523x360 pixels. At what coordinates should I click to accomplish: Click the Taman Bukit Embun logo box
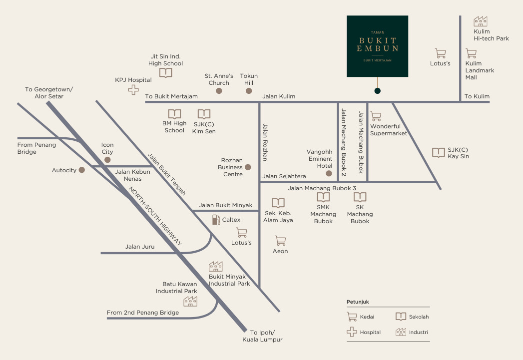[377, 46]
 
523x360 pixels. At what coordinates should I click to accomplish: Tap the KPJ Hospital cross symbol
[133, 90]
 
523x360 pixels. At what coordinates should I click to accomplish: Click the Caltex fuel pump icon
[216, 219]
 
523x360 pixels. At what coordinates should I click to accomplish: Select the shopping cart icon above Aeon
[281, 241]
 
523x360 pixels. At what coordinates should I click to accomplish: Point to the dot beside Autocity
[82, 170]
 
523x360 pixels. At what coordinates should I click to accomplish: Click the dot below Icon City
[107, 160]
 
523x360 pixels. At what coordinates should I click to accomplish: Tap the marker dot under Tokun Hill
[249, 91]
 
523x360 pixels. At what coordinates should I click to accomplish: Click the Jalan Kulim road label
[279, 96]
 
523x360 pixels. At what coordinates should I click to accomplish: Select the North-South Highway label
[155, 216]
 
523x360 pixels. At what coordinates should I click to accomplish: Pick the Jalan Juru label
[140, 247]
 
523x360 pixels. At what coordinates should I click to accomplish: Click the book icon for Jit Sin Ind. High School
[166, 73]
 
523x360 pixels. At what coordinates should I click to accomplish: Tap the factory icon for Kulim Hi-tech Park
[481, 21]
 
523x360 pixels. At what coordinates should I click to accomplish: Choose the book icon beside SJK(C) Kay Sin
[439, 153]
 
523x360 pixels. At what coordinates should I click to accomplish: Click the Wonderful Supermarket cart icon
[376, 116]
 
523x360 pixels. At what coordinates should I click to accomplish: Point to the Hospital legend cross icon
[352, 332]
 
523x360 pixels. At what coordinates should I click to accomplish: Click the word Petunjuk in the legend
[358, 302]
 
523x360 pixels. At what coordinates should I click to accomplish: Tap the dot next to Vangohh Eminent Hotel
[329, 173]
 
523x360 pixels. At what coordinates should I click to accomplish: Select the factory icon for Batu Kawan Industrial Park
[190, 301]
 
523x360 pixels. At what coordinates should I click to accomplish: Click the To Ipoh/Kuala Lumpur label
[263, 336]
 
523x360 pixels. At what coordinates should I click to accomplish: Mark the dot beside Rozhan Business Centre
[248, 167]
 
